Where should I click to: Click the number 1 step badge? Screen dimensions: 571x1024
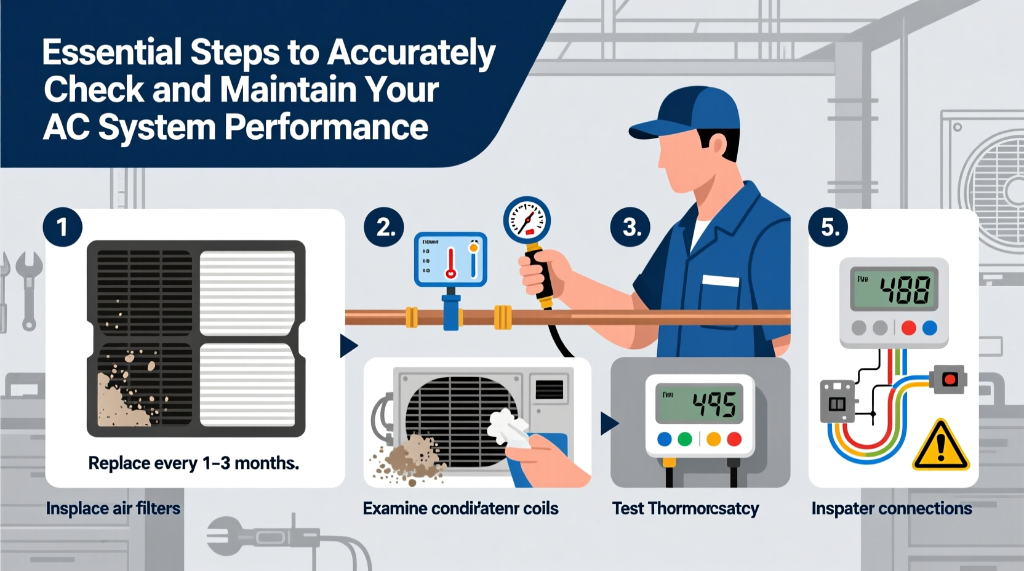62,227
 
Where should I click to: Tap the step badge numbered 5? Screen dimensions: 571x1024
828,227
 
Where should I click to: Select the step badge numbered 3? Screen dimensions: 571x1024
630,227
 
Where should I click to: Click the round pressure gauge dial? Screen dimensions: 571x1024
527,220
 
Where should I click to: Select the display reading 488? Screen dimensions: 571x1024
894,289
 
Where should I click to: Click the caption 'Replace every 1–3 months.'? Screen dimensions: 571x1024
193,463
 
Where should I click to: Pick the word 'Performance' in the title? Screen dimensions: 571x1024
326,127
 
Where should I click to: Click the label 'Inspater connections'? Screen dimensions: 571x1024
891,508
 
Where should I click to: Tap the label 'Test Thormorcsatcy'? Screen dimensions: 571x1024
685,508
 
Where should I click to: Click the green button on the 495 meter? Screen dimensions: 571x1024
684,439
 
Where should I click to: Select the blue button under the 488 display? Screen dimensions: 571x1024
930,328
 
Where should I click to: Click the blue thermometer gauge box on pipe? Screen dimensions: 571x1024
450,259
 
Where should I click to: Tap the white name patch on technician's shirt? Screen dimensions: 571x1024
720,281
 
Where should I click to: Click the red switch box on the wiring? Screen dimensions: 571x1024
948,378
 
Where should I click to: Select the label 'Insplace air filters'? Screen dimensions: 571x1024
113,508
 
